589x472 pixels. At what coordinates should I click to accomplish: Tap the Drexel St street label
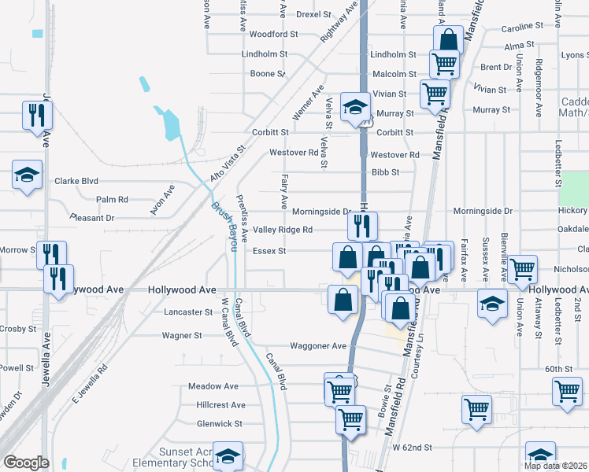313,14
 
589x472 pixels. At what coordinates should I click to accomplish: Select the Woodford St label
273,35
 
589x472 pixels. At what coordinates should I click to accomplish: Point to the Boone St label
267,74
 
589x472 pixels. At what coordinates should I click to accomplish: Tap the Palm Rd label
112,200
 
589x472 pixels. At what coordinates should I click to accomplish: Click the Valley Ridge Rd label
283,230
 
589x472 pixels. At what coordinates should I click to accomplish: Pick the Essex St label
269,252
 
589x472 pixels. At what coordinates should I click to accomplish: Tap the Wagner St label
182,335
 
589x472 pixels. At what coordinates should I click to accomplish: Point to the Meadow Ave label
213,387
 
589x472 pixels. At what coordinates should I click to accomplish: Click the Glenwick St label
220,424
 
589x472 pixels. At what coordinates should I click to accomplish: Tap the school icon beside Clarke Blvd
28,175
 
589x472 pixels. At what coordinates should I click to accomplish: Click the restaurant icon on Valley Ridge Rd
362,227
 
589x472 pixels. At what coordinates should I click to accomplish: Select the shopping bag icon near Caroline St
447,39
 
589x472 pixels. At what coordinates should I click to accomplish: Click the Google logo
26,463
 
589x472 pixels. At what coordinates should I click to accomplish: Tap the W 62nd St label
413,448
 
